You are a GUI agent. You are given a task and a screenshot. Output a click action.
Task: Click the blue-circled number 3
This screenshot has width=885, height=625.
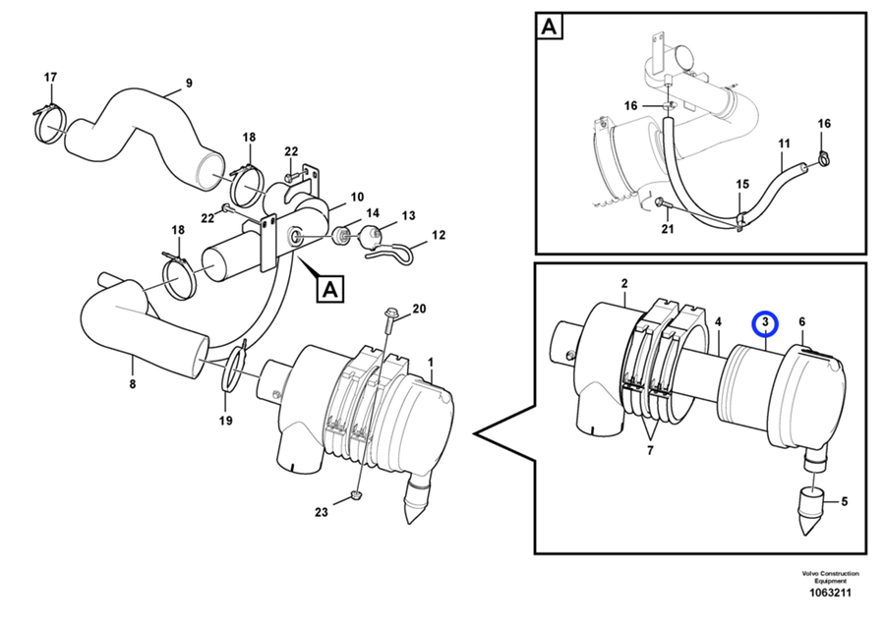coord(765,323)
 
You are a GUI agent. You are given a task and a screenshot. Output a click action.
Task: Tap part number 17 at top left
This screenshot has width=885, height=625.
coord(51,78)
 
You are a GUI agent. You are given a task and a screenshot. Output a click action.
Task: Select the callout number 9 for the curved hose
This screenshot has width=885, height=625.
coord(189,83)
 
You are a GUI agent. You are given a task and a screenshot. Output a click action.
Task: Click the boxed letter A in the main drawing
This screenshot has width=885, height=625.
coord(330,289)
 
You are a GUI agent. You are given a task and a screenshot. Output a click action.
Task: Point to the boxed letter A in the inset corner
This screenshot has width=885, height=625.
coord(549,27)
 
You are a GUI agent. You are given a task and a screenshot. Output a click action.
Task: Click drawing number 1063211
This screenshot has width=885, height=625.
coord(830,593)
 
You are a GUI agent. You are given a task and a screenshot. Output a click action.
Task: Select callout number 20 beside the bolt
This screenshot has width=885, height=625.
coord(419,309)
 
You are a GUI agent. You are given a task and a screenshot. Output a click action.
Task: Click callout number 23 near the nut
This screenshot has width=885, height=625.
coord(322,512)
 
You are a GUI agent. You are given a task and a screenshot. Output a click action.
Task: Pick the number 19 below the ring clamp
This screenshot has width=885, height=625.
coord(226,421)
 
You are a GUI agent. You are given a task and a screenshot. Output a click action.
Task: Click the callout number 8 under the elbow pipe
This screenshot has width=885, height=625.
coord(133,384)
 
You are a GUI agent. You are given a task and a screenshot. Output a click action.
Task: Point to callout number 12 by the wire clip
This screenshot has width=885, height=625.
coord(439,235)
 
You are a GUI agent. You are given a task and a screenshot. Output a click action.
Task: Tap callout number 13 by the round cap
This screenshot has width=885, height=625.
coord(409,215)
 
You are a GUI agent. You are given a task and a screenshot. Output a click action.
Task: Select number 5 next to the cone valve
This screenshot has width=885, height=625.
coord(845,501)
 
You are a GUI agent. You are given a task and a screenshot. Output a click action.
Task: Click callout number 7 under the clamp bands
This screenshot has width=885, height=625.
coord(650,451)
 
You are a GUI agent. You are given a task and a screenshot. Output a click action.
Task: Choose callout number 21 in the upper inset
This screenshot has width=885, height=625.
coord(668,229)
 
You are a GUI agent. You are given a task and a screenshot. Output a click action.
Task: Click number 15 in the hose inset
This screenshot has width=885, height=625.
coord(742,184)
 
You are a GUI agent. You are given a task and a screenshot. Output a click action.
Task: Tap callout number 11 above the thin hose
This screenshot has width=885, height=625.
coord(784,143)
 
